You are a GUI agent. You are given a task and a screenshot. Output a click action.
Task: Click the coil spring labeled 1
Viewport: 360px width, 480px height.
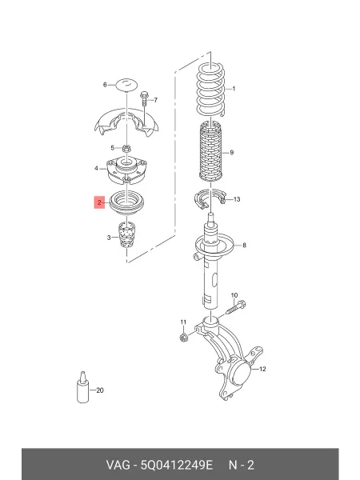(x=210, y=90)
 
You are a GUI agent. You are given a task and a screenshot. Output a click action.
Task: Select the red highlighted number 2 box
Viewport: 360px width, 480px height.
(x=99, y=202)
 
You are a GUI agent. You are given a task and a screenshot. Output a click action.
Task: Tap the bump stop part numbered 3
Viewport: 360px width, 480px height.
(x=126, y=235)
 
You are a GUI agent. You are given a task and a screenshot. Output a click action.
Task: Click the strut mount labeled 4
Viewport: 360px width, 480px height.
(x=126, y=171)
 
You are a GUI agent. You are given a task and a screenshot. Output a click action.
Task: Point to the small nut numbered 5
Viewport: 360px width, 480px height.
(x=126, y=149)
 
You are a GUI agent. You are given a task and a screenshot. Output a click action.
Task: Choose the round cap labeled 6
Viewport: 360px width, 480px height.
(x=126, y=85)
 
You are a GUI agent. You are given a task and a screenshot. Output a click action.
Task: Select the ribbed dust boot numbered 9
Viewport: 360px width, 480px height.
(x=210, y=151)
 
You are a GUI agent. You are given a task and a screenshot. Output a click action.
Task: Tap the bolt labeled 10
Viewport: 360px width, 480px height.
(x=236, y=308)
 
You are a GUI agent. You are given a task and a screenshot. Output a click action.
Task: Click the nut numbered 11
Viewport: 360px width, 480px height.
(x=183, y=338)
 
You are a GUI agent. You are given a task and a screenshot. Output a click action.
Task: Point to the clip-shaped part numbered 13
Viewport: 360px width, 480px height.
(x=210, y=199)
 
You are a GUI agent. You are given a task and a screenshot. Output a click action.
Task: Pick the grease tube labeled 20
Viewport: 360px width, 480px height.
(x=82, y=387)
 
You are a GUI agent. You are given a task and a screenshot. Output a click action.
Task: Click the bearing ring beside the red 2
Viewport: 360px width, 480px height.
(x=126, y=202)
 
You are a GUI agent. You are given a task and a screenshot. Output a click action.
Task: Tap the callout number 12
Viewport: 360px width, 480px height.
(x=262, y=369)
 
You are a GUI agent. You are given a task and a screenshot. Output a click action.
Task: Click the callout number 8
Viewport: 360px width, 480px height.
(x=244, y=245)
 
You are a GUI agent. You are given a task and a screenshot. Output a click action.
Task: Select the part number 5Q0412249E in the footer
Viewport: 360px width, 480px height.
(x=176, y=465)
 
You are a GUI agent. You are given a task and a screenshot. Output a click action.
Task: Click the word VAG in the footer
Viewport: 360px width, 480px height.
(x=118, y=465)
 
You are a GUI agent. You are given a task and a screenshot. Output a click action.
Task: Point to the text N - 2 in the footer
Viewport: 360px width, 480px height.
(x=242, y=465)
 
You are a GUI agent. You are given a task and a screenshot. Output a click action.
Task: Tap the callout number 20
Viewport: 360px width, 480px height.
(x=100, y=390)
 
